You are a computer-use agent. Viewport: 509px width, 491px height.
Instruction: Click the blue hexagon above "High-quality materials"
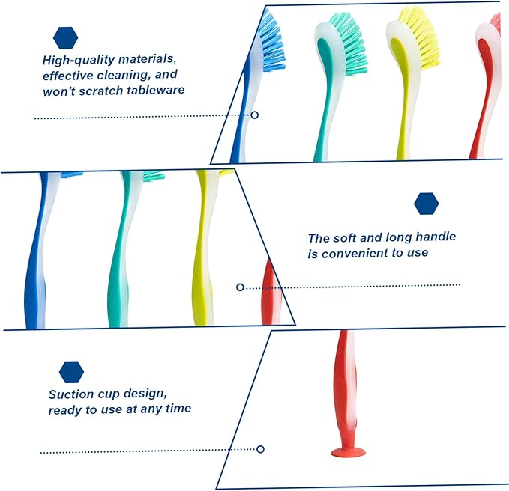(65, 38)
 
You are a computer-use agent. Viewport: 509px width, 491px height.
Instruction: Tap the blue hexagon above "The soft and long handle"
(427, 204)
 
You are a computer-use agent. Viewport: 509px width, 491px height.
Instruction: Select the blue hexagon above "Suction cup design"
(71, 372)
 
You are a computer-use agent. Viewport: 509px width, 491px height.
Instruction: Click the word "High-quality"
(79, 60)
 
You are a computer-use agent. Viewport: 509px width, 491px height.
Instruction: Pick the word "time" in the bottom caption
(178, 409)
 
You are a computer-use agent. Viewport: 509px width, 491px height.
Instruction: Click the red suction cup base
(348, 452)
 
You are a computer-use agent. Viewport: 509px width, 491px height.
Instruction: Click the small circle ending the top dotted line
(255, 115)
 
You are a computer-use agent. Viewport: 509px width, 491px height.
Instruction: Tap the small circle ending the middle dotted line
(240, 287)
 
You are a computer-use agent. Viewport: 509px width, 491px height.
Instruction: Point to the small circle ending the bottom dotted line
(260, 449)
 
